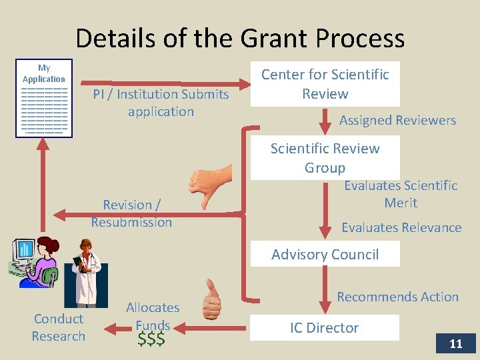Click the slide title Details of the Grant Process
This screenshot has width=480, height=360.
point(240,38)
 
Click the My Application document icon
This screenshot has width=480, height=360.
point(44,99)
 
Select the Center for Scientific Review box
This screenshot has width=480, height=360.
point(325,84)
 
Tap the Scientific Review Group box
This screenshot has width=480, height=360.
point(325,158)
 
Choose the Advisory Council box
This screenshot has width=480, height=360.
point(325,254)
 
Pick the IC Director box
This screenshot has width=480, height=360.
point(325,327)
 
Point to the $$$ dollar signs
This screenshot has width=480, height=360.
point(151,340)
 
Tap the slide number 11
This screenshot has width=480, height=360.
point(455,343)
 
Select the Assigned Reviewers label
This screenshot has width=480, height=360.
point(397,121)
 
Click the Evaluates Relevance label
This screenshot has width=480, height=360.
point(401,227)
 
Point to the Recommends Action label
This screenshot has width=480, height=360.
point(397,297)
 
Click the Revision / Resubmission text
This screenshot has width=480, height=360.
point(131,213)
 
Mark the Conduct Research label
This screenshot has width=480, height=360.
point(59,327)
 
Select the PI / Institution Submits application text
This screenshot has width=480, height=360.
point(161,103)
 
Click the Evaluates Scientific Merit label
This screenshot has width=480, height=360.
point(401,194)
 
